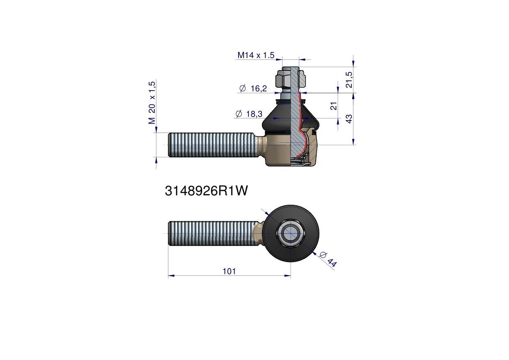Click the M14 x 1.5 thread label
(256, 55)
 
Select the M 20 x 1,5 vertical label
(152, 103)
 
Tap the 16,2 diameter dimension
(259, 89)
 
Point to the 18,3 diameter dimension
(254, 114)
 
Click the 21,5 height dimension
(349, 80)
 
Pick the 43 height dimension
(349, 119)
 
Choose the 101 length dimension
(229, 271)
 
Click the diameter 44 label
(328, 259)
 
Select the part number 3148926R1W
(206, 191)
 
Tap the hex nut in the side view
(291, 80)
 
